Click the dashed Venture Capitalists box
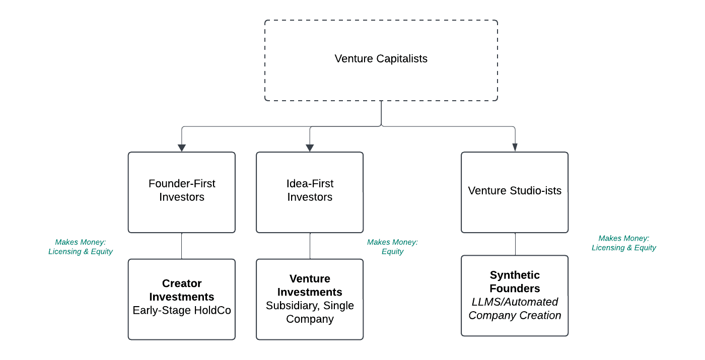(381, 81)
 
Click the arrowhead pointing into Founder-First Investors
(182, 148)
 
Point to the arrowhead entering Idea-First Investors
(310, 148)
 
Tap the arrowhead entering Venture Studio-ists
(515, 148)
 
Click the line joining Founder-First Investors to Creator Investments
(182, 246)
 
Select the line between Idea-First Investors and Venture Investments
(310, 246)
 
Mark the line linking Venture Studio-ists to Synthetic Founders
(515, 244)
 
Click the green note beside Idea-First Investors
(392, 247)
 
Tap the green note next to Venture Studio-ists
(623, 243)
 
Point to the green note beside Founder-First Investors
(80, 247)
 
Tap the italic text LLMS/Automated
(515, 302)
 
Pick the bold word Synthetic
(515, 275)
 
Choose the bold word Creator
(182, 283)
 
